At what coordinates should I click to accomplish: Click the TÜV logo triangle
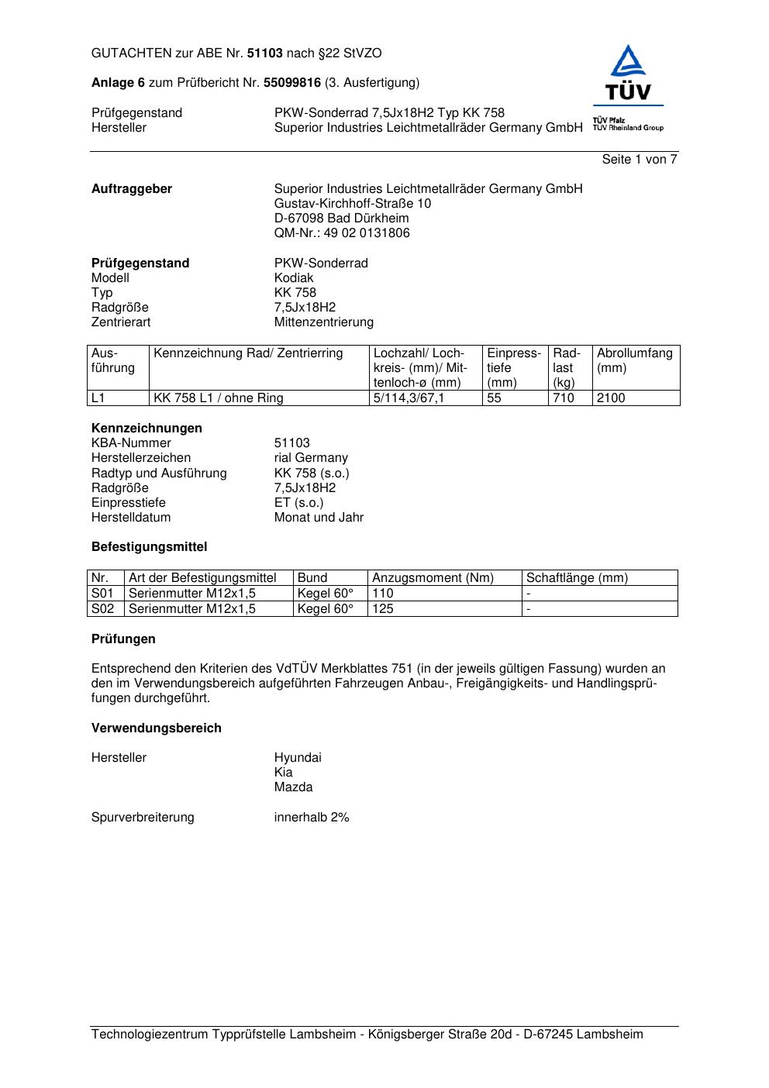pos(627,63)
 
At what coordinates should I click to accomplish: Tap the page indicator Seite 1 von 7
pos(640,160)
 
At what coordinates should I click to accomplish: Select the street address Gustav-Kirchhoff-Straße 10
pos(353,204)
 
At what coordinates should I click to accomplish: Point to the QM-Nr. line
pos(342,233)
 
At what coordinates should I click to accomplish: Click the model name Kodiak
pos(294,278)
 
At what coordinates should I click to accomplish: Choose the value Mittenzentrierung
pos(323,322)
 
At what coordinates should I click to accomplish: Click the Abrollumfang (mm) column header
pos(634,360)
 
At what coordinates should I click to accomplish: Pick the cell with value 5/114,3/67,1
pos(409,398)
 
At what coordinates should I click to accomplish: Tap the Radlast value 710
pos(564,398)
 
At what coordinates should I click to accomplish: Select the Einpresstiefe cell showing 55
pos(495,398)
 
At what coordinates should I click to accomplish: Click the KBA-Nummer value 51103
pos(291,443)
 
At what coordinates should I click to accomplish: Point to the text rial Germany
pos(311,458)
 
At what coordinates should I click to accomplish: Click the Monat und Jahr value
pos(319,518)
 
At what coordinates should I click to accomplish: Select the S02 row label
pos(103,609)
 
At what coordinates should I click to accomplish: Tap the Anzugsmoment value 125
pos(383,609)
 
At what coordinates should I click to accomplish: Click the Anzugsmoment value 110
pos(383,594)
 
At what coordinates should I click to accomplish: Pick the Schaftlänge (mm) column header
pos(577,578)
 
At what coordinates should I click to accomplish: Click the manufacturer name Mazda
pos(293,787)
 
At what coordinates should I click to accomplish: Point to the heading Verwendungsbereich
pos(157,728)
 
